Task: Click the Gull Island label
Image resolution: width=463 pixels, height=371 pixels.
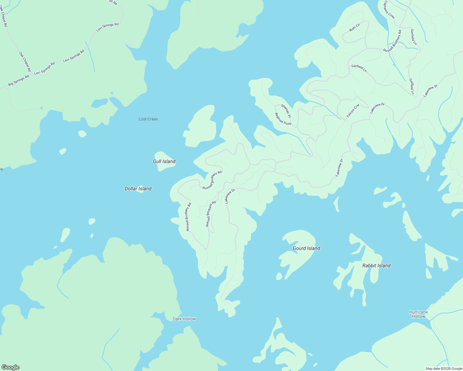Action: (164, 161)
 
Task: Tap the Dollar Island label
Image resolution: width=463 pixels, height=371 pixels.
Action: (138, 189)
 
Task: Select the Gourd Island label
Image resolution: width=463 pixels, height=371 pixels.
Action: (306, 248)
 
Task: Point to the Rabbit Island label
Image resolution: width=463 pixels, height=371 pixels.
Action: (376, 266)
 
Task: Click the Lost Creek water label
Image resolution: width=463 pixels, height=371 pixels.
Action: (148, 119)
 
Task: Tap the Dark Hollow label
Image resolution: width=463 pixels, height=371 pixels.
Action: (184, 319)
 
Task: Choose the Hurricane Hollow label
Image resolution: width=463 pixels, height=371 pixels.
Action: (418, 314)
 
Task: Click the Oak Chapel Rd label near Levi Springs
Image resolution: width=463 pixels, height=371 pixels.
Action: (25, 62)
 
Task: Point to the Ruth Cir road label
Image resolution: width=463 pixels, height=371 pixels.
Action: (355, 28)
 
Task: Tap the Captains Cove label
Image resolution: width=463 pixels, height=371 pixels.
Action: (389, 10)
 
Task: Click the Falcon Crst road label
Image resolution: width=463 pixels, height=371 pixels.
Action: (353, 111)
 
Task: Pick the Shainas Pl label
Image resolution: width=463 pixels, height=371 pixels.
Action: (286, 111)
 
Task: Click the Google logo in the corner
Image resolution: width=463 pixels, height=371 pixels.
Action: (10, 367)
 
